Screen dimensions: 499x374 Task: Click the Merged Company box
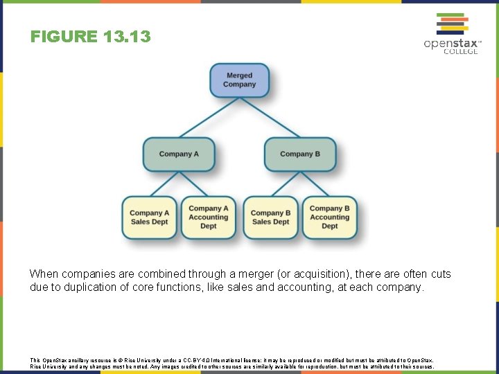239,80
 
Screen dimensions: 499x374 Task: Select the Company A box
179,154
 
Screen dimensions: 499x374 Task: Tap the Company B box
300,154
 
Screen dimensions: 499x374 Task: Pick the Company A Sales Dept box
149,217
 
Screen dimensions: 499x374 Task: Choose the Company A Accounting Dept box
208,217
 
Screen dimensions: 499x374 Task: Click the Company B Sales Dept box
270,217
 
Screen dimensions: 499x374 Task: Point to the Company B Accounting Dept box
329,217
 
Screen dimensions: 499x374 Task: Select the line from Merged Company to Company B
270,117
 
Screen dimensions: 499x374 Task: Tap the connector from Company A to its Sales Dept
164,184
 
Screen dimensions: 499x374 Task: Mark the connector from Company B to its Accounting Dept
315,184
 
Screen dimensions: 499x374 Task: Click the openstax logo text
451,44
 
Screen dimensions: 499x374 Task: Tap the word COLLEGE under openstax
460,52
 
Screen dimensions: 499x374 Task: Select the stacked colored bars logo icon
450,24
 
